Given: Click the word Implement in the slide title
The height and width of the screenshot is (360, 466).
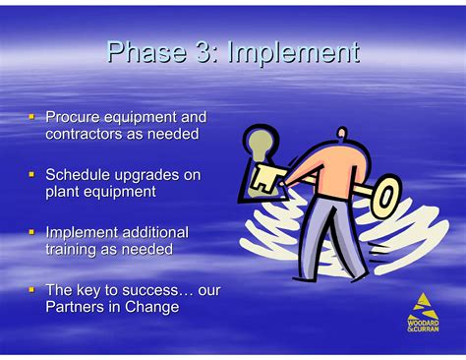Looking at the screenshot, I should (x=292, y=52).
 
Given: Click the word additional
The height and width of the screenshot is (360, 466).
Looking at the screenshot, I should (x=154, y=232).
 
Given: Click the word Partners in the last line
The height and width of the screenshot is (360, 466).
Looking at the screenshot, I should (x=78, y=307).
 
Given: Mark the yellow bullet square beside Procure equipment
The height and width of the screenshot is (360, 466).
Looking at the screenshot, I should (x=31, y=117).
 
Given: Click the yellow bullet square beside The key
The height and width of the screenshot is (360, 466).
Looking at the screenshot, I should (x=31, y=290).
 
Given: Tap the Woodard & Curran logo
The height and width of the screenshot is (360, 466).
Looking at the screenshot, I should (x=423, y=312).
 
